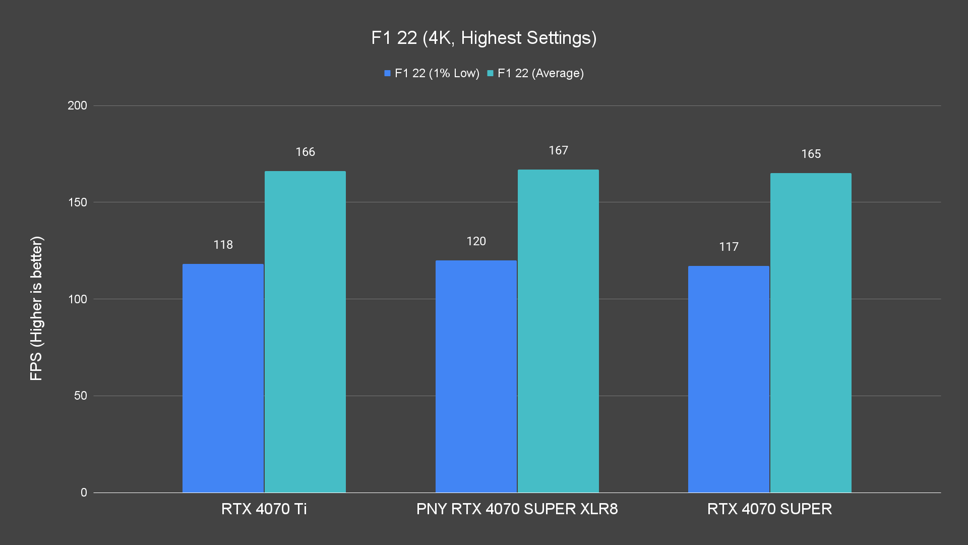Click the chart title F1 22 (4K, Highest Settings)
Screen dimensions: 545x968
(x=483, y=38)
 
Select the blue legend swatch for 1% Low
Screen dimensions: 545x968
(x=387, y=73)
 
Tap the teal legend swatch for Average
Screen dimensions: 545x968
(x=490, y=73)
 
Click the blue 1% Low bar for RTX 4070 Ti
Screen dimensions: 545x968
(x=223, y=378)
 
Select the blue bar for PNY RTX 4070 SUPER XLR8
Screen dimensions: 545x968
(x=476, y=376)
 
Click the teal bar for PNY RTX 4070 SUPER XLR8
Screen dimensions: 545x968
(x=558, y=331)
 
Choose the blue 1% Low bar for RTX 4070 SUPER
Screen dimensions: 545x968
(x=729, y=379)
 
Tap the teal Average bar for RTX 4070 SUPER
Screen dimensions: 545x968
(x=811, y=333)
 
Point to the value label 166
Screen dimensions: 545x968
(x=305, y=152)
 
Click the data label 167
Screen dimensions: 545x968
(x=558, y=150)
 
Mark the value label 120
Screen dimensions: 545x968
(x=476, y=241)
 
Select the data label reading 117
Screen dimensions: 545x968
(x=729, y=247)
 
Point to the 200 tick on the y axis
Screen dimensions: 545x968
(x=77, y=105)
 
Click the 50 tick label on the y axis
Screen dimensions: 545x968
(x=80, y=396)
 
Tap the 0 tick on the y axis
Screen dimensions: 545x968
(x=84, y=493)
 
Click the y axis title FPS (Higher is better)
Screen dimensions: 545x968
(x=36, y=308)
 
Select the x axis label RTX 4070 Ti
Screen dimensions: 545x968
(x=264, y=509)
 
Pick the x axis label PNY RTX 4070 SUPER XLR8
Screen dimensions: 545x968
(x=517, y=509)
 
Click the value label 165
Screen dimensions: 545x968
(x=811, y=154)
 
